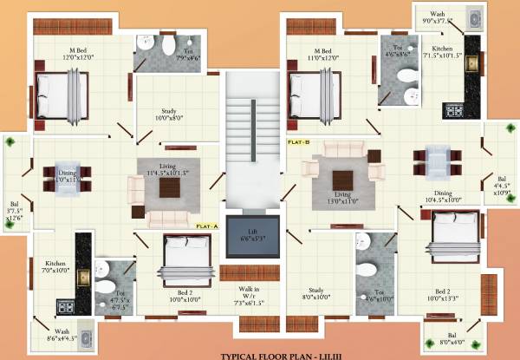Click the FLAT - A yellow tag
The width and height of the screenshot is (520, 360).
tap(207, 226)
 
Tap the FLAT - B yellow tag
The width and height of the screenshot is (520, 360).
tap(298, 140)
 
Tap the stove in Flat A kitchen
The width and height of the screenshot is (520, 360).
tap(64, 305)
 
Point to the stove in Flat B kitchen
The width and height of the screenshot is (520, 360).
tap(454, 110)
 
